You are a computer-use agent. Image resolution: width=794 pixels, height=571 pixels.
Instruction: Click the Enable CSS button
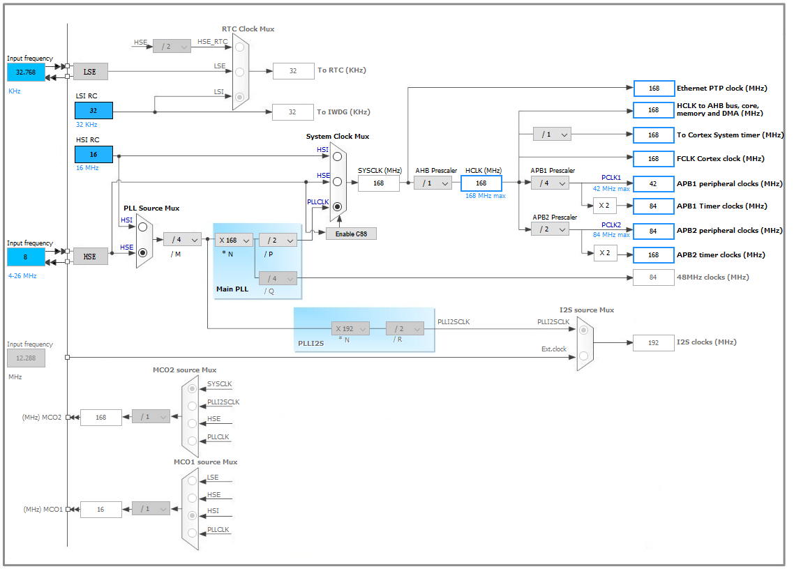[351, 234]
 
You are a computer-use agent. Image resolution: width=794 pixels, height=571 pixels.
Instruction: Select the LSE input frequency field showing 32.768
[26, 71]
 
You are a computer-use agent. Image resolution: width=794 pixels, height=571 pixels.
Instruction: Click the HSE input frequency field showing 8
[26, 257]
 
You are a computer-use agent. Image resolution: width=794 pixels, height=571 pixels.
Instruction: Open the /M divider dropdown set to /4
[182, 240]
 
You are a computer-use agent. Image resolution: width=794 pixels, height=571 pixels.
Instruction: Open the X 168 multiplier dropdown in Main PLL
[234, 240]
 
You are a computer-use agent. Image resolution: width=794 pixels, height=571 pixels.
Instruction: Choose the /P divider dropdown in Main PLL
[278, 240]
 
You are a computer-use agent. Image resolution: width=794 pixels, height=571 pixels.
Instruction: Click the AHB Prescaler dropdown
[433, 183]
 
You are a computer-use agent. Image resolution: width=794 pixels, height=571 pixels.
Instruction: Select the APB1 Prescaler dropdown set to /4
[550, 183]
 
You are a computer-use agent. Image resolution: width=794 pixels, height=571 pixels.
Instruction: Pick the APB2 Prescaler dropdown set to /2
[550, 229]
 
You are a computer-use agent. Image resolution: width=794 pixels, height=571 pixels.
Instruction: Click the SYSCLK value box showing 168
[378, 183]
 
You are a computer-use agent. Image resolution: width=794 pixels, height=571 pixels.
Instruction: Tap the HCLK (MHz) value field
[481, 183]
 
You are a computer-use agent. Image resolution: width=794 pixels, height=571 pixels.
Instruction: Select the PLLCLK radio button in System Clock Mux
[338, 206]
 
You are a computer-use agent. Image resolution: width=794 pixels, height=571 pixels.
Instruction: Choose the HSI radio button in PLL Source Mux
[143, 227]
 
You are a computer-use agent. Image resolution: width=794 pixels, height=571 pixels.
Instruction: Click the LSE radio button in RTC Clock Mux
[240, 71]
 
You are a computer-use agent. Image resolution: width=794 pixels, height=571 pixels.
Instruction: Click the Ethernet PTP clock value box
[654, 89]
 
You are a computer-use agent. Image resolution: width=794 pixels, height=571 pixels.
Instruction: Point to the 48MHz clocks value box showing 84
[654, 277]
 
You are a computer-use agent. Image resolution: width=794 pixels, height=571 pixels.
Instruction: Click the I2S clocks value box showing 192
[654, 342]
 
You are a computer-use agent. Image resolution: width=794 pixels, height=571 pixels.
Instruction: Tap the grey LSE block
[90, 71]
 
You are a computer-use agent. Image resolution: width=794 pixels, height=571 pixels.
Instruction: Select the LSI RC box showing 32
[93, 110]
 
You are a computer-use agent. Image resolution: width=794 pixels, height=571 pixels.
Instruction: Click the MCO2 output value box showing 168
[100, 417]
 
